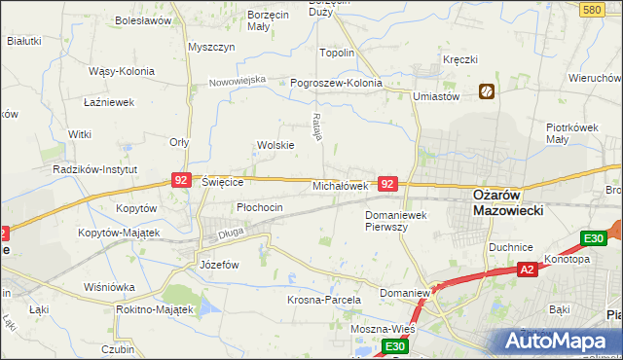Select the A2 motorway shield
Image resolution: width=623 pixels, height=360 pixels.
[x=527, y=269]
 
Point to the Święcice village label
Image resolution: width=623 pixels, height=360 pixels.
[x=221, y=182]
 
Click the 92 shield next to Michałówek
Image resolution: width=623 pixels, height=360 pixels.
[x=387, y=183]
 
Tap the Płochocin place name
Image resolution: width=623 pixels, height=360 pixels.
[x=260, y=207]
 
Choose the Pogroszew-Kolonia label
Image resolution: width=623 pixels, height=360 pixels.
[x=337, y=83]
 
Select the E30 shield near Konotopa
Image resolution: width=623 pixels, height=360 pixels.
[x=595, y=238]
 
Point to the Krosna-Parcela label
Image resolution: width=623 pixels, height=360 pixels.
[x=324, y=300]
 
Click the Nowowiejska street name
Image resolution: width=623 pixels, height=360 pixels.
[x=238, y=81]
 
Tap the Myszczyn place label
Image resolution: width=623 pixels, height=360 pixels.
[x=212, y=47]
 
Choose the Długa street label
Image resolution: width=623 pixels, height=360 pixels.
[x=231, y=233]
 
